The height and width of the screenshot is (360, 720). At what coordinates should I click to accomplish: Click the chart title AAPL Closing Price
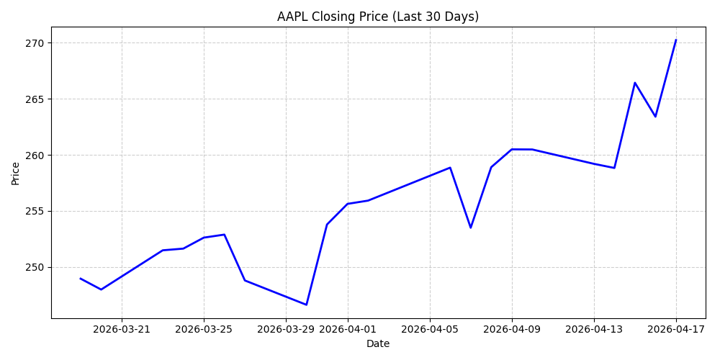tap(377, 17)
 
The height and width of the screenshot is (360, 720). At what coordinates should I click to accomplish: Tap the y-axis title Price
tap(16, 173)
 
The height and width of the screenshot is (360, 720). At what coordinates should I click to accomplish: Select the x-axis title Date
tap(378, 343)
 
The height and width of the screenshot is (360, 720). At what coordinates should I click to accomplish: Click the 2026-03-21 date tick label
tap(122, 329)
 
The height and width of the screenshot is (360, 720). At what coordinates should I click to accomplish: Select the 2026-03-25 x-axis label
tap(204, 329)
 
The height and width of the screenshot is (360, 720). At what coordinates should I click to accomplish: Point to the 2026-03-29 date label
tap(286, 329)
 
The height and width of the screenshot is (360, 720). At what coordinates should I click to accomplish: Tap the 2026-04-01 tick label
tap(348, 329)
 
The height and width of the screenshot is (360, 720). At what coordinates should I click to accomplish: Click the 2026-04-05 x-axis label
tap(430, 329)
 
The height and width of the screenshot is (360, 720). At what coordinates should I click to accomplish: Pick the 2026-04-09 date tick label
tap(512, 329)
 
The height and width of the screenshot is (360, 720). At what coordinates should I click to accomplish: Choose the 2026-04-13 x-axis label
tap(594, 329)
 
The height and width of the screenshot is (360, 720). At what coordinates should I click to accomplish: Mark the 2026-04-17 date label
tap(676, 329)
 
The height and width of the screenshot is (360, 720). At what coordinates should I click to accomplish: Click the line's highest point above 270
tap(676, 40)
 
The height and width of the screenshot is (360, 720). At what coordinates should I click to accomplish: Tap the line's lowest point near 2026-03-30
tap(306, 305)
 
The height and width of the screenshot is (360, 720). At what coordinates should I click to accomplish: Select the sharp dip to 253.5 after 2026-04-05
tap(471, 228)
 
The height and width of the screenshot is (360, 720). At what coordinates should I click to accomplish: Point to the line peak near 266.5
tap(635, 83)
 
